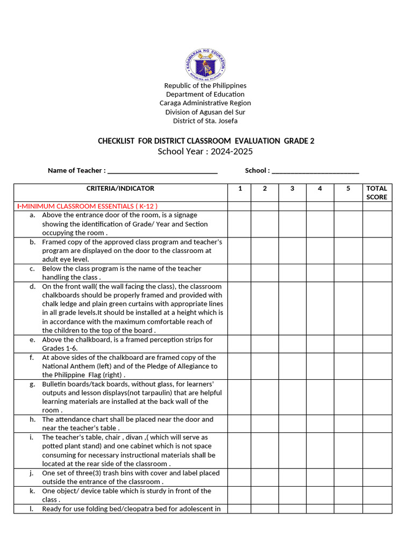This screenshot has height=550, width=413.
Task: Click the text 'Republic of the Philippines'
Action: pyautogui.click(x=205, y=85)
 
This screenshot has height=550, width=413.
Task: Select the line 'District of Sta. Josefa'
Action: pyautogui.click(x=205, y=121)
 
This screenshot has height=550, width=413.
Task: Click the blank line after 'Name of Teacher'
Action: pyautogui.click(x=162, y=171)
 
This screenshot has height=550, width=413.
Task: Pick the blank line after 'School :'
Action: pyautogui.click(x=315, y=171)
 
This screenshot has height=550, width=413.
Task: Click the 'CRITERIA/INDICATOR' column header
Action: pyautogui.click(x=120, y=189)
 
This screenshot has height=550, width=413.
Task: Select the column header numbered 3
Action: pyautogui.click(x=293, y=189)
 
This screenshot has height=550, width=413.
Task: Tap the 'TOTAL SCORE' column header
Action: pyautogui.click(x=376, y=192)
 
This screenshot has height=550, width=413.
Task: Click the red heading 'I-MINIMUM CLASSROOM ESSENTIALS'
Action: pyautogui.click(x=87, y=206)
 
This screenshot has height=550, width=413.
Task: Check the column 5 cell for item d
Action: pyautogui.click(x=348, y=308)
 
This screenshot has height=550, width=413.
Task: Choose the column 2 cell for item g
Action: pyautogui.click(x=265, y=397)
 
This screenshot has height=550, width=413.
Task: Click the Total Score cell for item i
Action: pyautogui.click(x=376, y=450)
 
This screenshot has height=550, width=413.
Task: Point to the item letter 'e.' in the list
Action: pyautogui.click(x=33, y=340)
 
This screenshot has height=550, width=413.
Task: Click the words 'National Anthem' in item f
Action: pyautogui.click(x=67, y=366)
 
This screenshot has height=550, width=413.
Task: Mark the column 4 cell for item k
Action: pyautogui.click(x=320, y=495)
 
